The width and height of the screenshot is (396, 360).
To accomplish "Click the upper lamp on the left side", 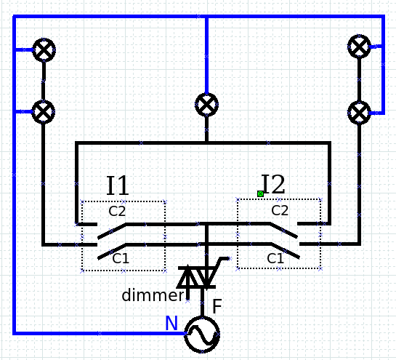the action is (44, 49).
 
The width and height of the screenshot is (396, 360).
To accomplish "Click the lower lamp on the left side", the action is (44, 112).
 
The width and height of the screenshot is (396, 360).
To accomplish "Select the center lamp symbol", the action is (206, 105).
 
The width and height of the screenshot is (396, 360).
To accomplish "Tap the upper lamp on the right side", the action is (359, 47).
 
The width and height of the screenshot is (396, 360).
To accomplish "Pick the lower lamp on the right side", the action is (359, 113).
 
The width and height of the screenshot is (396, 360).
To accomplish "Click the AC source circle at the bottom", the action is (202, 335).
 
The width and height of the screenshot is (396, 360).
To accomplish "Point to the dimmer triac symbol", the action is (197, 277).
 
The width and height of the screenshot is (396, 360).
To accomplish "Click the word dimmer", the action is (153, 295).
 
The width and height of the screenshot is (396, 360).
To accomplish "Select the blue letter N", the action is (171, 323).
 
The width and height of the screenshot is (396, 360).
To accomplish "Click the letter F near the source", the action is (217, 306).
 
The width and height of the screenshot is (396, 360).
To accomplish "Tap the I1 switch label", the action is (118, 185).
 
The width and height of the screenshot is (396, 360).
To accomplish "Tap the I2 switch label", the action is (273, 184).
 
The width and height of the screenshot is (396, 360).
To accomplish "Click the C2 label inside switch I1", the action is (117, 211).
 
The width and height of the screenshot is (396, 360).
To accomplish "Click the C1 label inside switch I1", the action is (121, 258).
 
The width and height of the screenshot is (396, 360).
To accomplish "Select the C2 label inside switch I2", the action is (280, 210).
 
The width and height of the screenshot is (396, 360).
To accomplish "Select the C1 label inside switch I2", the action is (275, 259).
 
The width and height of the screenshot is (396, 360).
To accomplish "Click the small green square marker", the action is (260, 194).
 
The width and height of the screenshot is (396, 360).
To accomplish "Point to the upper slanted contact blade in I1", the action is (112, 231).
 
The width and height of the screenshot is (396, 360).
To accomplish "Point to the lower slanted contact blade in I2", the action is (286, 251).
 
